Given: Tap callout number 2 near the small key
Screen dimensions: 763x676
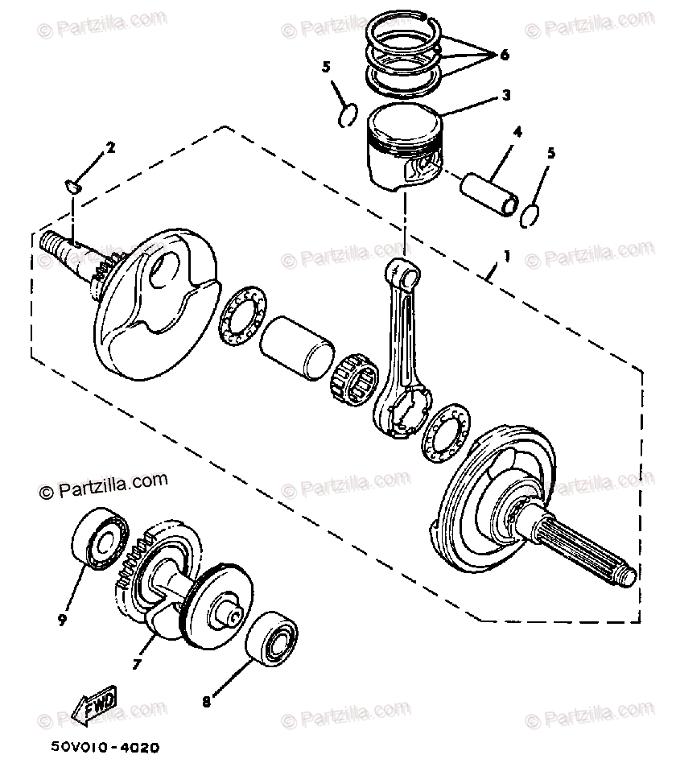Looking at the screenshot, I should (x=110, y=147).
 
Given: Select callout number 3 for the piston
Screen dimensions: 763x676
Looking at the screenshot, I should (x=506, y=95).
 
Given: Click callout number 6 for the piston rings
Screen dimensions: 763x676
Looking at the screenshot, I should (x=505, y=55).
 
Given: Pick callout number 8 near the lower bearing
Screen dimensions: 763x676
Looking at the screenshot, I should (x=207, y=701).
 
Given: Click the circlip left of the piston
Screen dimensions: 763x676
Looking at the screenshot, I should (x=348, y=114).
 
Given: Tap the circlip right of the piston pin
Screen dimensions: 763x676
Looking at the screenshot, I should (x=529, y=215).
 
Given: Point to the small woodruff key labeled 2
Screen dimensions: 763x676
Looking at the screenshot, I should (x=72, y=188).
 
